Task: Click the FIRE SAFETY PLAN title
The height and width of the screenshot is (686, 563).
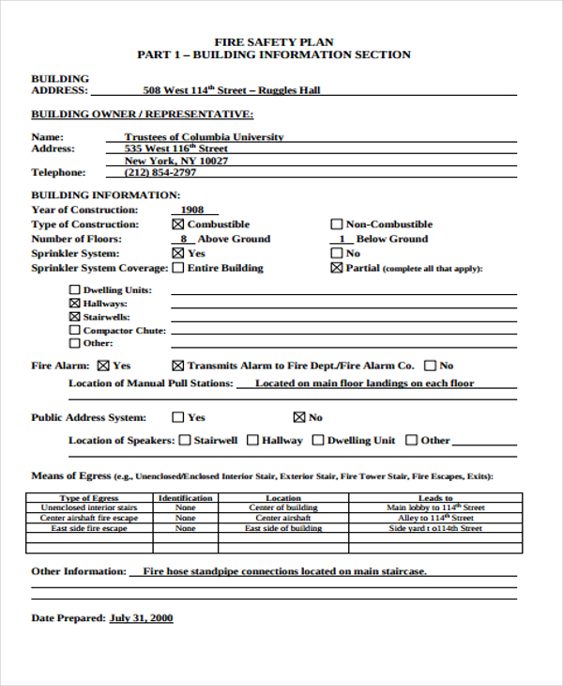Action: pyautogui.click(x=274, y=42)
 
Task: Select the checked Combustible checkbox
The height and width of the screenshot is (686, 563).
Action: pyautogui.click(x=177, y=225)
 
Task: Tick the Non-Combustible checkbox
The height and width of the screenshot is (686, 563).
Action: pyautogui.click(x=337, y=225)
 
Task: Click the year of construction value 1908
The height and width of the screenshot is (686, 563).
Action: pyautogui.click(x=192, y=210)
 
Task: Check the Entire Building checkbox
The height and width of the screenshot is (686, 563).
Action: pyautogui.click(x=177, y=268)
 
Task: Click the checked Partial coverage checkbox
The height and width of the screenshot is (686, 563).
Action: pyautogui.click(x=337, y=268)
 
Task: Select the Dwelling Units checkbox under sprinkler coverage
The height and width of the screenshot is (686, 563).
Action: pyautogui.click(x=75, y=290)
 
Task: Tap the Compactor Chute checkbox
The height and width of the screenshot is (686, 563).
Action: pyautogui.click(x=75, y=331)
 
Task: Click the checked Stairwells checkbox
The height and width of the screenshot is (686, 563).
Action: pyautogui.click(x=75, y=318)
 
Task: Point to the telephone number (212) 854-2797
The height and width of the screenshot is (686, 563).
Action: pyautogui.click(x=160, y=173)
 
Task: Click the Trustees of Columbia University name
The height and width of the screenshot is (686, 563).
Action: pyautogui.click(x=204, y=137)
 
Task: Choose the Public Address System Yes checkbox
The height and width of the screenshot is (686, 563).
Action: pyautogui.click(x=177, y=417)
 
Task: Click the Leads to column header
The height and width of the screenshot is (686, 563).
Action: pyautogui.click(x=435, y=498)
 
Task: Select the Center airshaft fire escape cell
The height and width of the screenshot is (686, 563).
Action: pyautogui.click(x=89, y=518)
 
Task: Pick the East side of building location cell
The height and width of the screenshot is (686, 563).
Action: pyautogui.click(x=283, y=529)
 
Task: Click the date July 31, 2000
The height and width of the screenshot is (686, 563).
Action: pyautogui.click(x=141, y=618)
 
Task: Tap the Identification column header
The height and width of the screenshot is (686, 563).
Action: pyautogui.click(x=186, y=498)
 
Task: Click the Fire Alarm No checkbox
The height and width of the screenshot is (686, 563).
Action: pyautogui.click(x=430, y=366)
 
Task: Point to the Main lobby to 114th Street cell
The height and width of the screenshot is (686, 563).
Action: pyautogui.click(x=435, y=507)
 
